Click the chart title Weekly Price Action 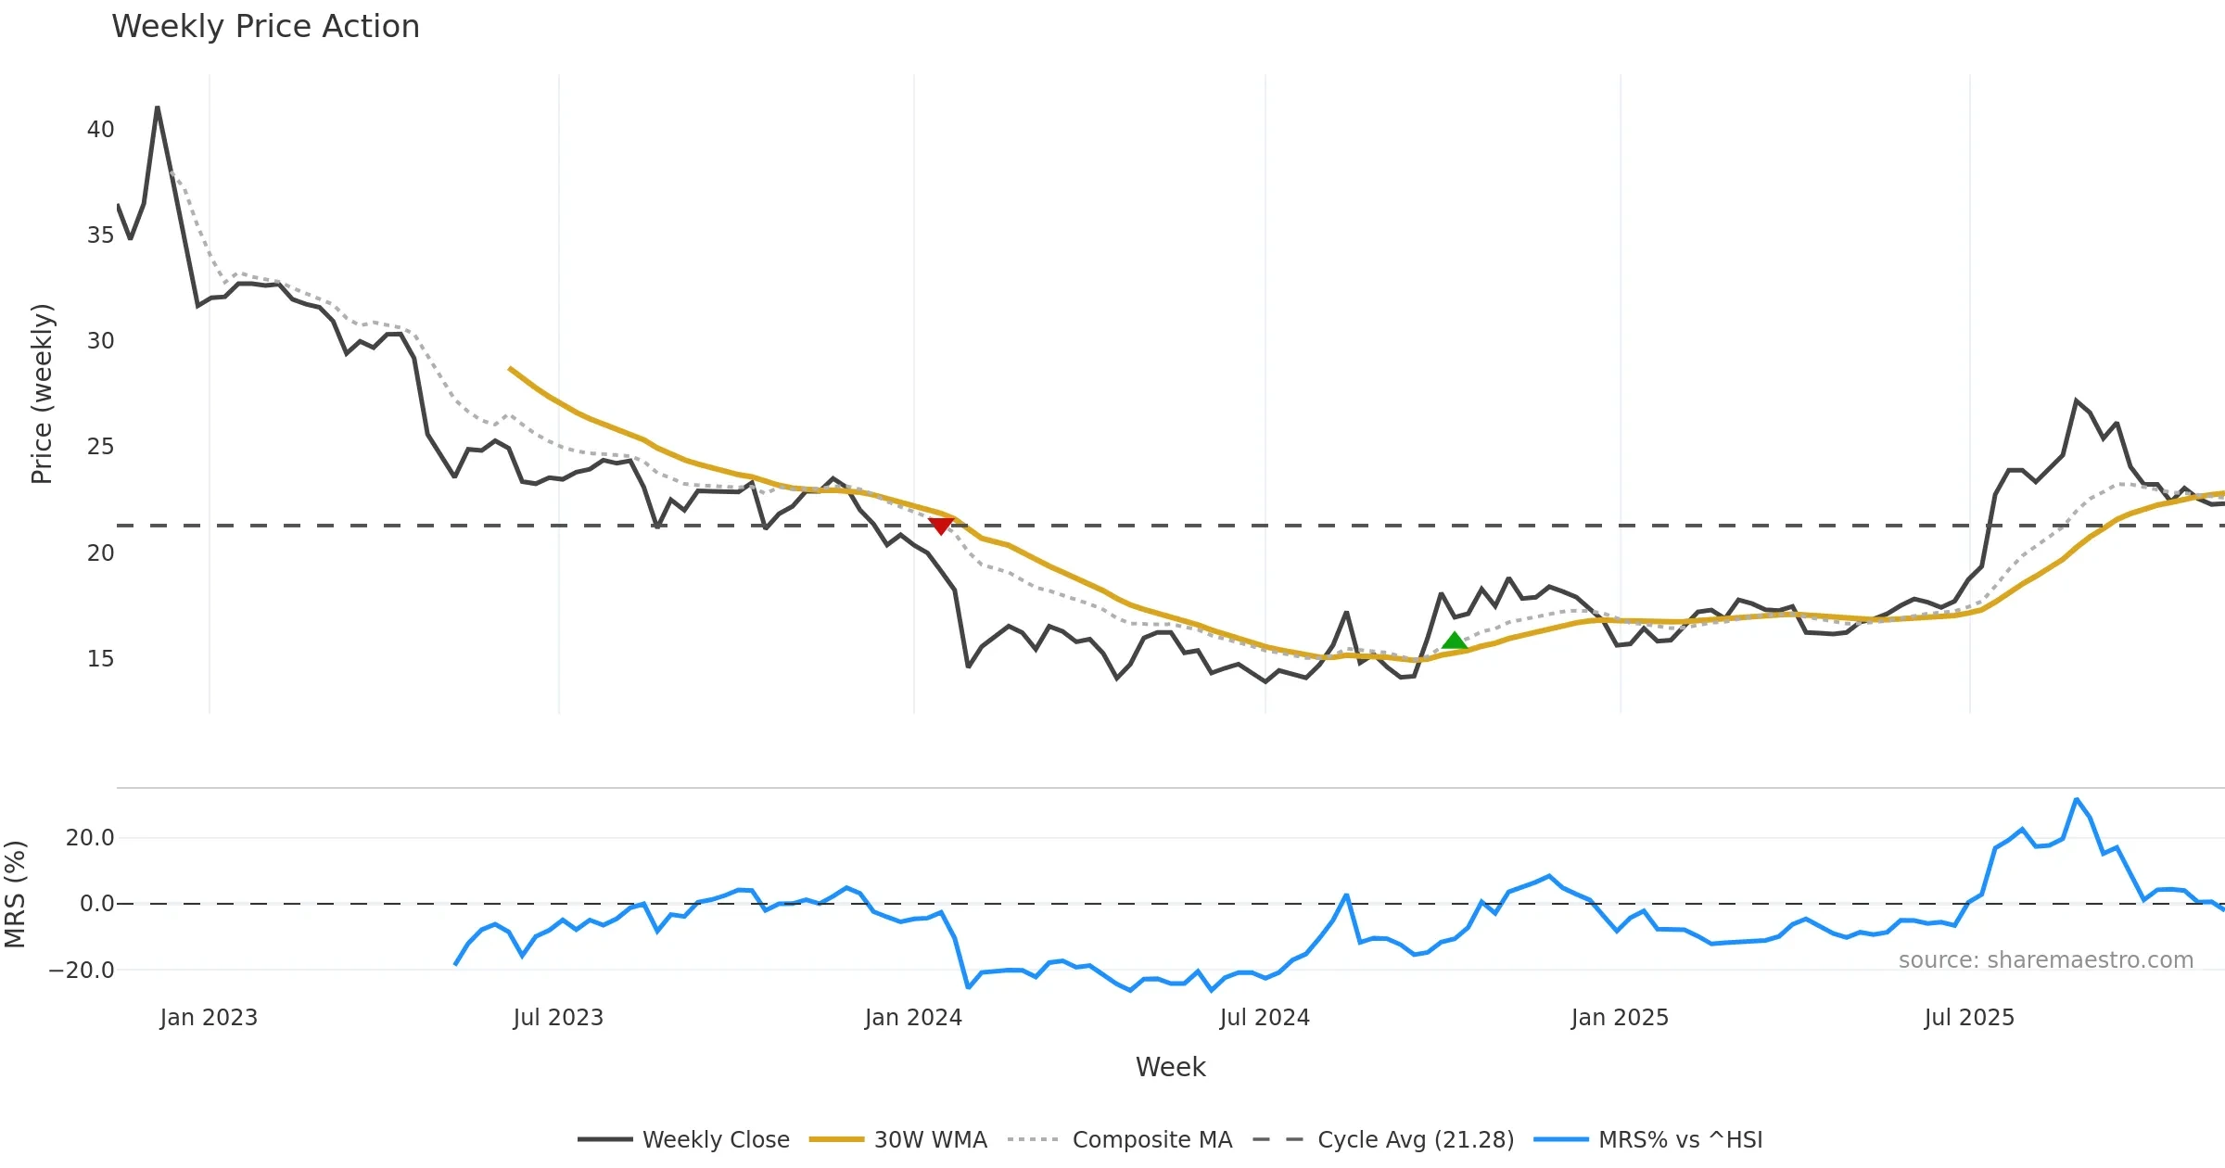[265, 27]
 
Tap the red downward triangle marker [941, 526]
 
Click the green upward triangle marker [1455, 641]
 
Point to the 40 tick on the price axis [100, 130]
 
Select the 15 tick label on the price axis [100, 659]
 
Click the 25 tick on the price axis [100, 447]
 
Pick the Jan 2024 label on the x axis [913, 1018]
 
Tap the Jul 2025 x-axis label [1969, 1018]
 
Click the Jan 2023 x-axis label [209, 1018]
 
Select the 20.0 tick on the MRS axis [90, 838]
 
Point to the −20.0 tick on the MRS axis [82, 971]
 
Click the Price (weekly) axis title [43, 394]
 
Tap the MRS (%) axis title [16, 895]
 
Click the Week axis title [1170, 1068]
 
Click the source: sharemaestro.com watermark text [2045, 960]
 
